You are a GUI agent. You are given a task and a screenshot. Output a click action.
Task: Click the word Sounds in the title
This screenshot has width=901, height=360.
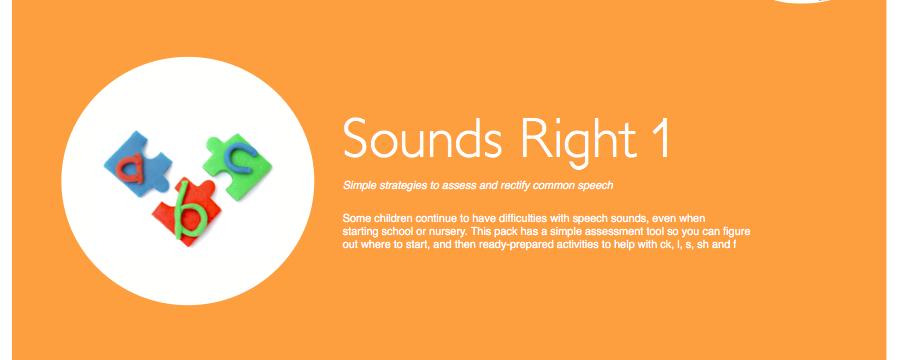point(422,138)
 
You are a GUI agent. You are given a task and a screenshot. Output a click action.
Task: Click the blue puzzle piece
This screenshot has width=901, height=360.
point(137,163)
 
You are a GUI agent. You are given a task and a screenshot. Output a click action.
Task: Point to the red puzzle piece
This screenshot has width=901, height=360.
point(185,211)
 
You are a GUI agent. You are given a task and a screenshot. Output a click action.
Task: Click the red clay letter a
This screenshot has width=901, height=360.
point(130,168)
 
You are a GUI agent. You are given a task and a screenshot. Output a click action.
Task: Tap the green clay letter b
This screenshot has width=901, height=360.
point(189,210)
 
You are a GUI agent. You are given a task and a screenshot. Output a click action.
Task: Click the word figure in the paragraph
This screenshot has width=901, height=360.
point(737,232)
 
